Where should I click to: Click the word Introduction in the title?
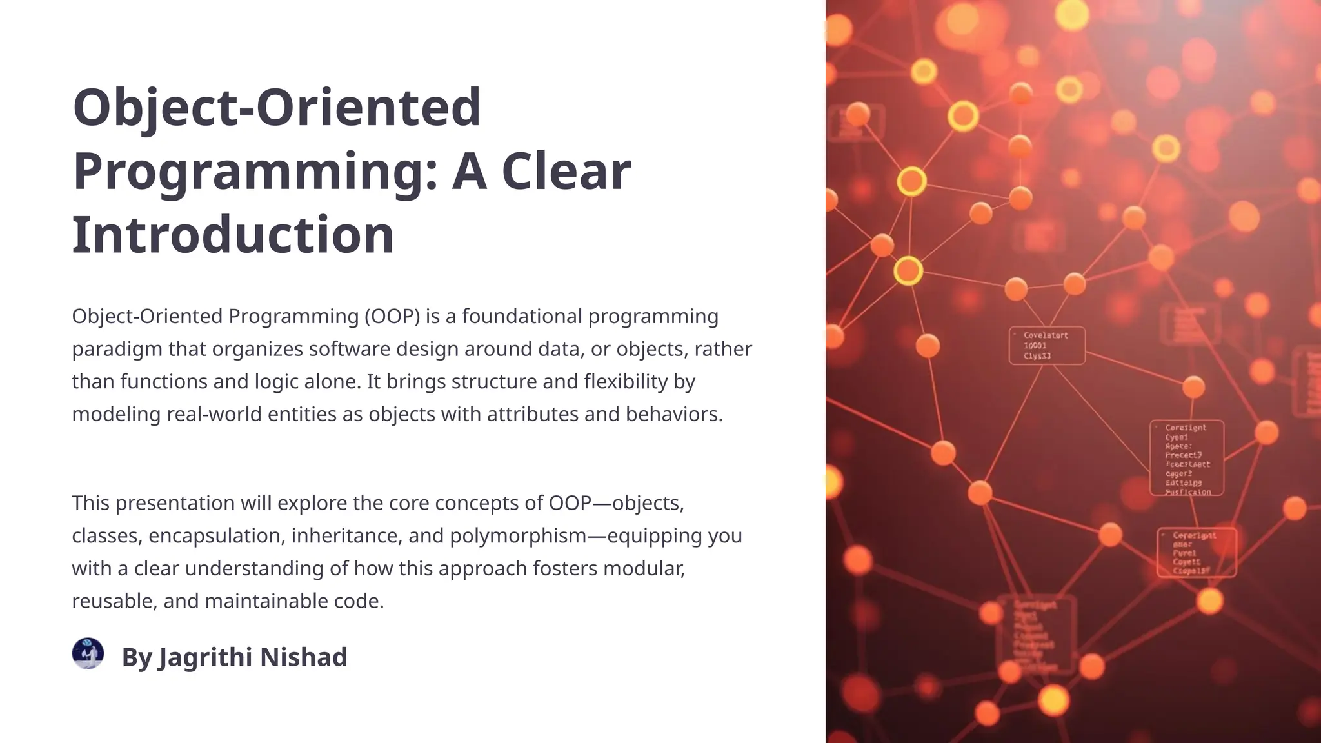(233, 235)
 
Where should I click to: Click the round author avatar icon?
(88, 653)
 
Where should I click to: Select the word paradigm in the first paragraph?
(117, 350)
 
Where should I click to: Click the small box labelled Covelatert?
(1046, 346)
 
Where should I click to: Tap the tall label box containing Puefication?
(1186, 458)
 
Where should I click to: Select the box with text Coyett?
(1197, 553)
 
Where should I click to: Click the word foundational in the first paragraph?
(522, 317)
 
